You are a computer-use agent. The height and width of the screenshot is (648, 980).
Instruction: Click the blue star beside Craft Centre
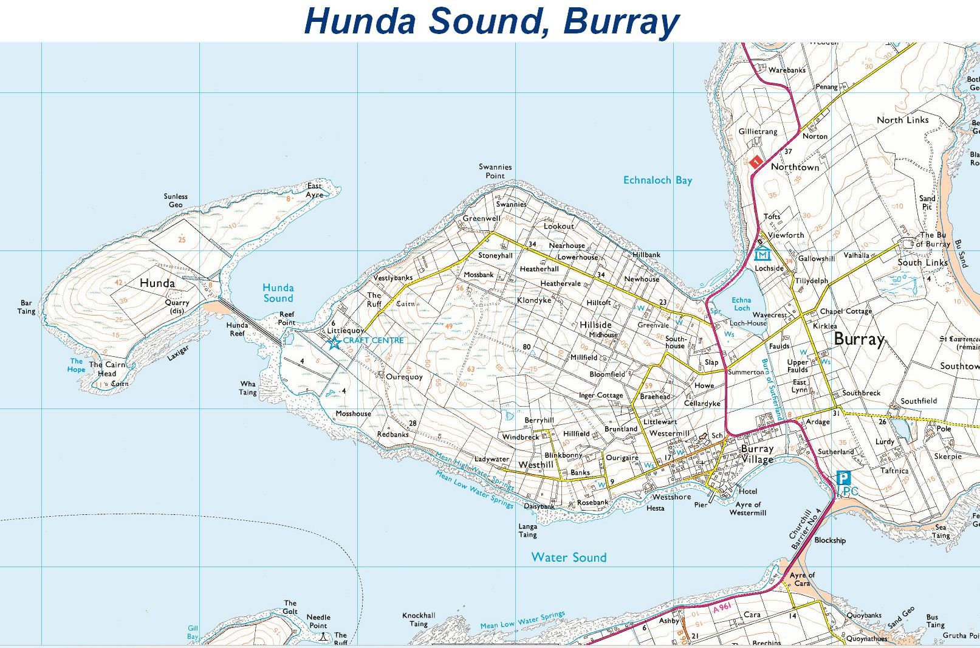334,343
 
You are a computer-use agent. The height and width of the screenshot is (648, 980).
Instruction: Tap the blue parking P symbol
843,477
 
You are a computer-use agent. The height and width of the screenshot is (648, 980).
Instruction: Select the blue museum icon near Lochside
762,254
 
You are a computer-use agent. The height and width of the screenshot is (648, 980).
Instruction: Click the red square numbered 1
756,162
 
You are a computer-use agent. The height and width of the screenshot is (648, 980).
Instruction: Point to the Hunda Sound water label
278,293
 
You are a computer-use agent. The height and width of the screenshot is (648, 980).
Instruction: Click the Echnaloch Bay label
657,180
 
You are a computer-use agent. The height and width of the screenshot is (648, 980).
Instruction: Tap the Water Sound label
569,557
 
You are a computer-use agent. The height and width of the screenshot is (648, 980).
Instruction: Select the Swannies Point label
495,171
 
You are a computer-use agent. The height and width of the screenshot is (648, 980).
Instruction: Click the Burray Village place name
757,453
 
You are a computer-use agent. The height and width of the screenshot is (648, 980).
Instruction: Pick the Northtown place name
795,167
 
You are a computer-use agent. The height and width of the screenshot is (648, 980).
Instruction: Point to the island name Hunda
157,283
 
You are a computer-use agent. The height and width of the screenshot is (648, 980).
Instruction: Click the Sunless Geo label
176,201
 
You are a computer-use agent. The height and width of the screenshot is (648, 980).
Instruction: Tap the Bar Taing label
26,307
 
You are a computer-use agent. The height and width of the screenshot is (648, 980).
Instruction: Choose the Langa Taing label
527,531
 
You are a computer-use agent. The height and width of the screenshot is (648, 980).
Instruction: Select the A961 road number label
722,607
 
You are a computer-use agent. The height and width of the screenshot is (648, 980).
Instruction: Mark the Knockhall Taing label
419,619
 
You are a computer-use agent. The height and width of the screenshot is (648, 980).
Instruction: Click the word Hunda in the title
360,21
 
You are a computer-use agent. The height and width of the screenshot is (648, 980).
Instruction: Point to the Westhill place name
535,465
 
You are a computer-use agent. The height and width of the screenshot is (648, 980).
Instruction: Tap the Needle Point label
318,621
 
